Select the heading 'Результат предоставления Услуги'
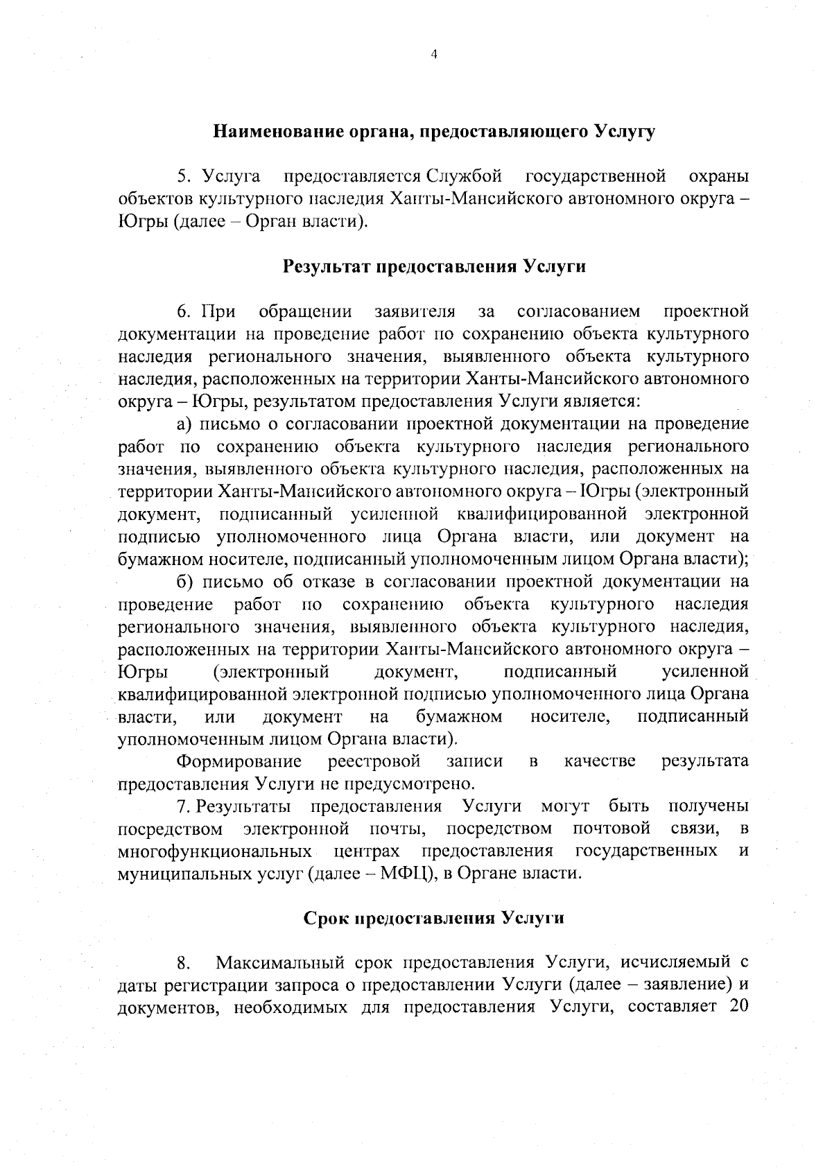click(434, 267)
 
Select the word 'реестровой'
click(374, 761)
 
